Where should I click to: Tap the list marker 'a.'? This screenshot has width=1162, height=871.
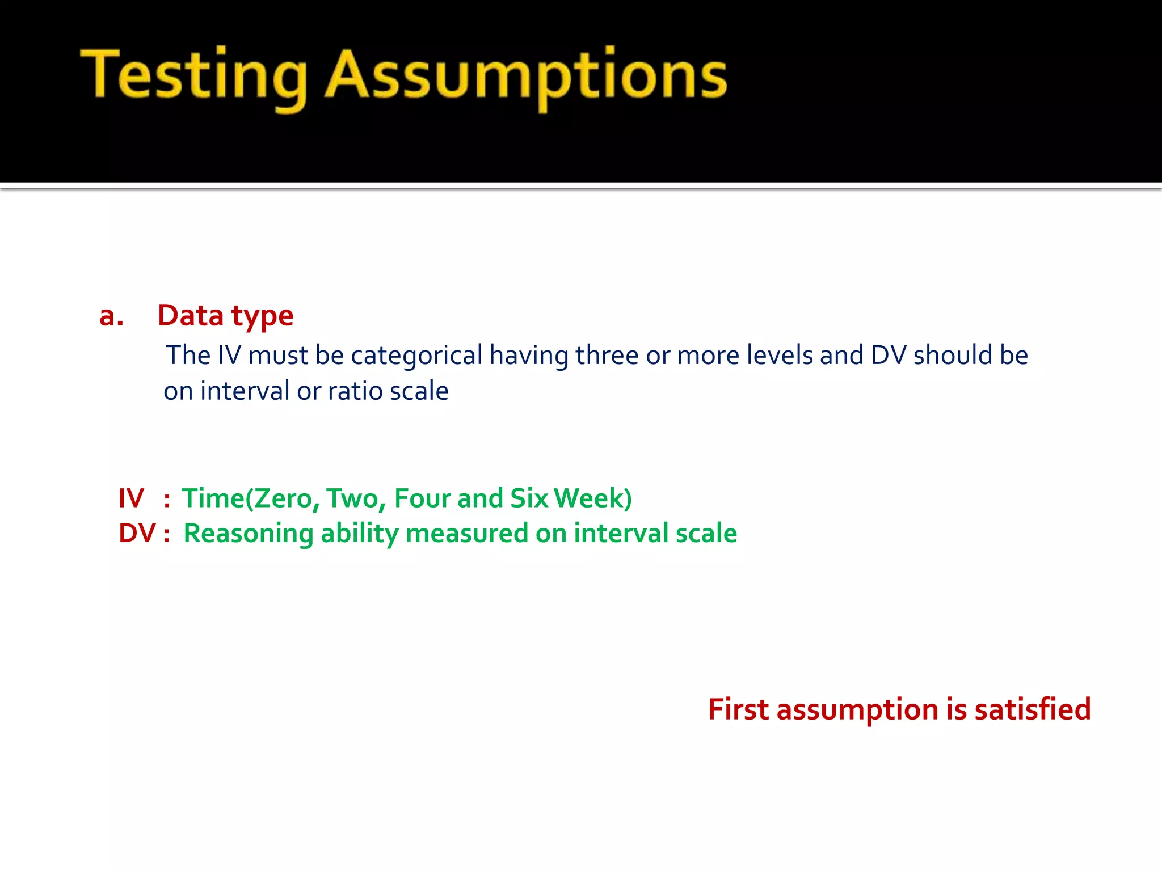pos(111,316)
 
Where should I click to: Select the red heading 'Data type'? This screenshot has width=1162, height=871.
pos(225,316)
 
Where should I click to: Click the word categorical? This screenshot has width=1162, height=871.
pos(416,356)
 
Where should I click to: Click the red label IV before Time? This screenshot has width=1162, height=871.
pos(131,498)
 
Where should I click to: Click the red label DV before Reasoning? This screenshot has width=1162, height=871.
pos(137,534)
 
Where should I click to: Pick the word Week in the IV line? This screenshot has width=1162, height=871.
pos(588,498)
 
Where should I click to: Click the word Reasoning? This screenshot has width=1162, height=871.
pos(249,534)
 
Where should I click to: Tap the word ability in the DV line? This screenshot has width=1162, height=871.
pos(359,534)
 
